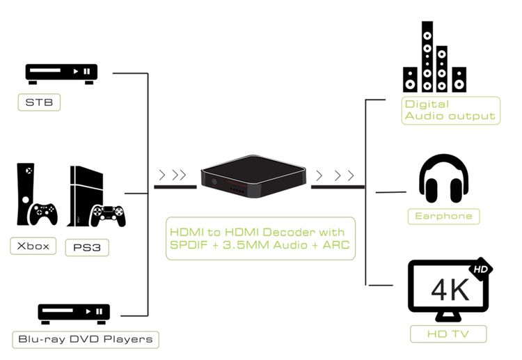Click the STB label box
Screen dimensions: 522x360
(x=39, y=102)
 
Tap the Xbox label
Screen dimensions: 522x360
(x=33, y=246)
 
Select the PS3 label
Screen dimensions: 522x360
(x=87, y=247)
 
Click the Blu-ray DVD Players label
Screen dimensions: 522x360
(x=86, y=339)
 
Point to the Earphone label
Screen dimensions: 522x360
(x=444, y=216)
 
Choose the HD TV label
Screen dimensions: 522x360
(x=448, y=334)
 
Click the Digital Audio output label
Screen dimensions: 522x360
(x=451, y=111)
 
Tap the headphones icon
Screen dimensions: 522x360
(x=444, y=178)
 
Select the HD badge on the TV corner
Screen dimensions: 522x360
(x=481, y=269)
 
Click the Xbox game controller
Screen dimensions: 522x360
(x=43, y=214)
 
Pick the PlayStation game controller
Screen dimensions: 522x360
(x=109, y=215)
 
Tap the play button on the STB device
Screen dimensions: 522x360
(x=76, y=71)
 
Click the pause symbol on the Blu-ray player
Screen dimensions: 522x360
(x=100, y=311)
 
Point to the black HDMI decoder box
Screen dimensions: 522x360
(x=253, y=176)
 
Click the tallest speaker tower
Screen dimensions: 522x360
(x=427, y=56)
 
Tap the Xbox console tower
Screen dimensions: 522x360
(x=26, y=194)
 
